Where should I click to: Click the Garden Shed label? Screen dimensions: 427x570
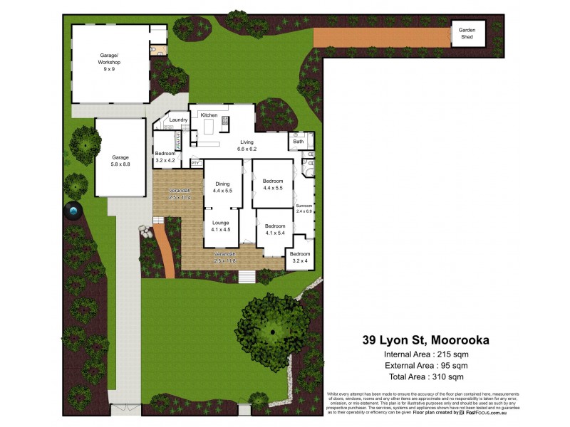tap(467, 33)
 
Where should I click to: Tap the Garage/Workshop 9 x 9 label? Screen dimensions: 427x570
tap(110, 63)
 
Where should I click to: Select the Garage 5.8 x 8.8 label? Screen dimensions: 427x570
tap(120, 160)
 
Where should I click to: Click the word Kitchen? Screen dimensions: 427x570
tap(209, 115)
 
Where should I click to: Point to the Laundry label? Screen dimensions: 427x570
tap(178, 120)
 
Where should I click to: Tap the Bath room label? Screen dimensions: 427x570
tap(298, 142)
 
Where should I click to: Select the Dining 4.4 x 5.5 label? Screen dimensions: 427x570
tap(223, 188)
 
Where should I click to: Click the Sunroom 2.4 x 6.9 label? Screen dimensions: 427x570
tap(304, 209)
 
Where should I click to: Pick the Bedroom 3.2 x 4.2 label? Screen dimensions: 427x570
tap(165, 157)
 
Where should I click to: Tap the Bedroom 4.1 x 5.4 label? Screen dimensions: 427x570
tap(275, 228)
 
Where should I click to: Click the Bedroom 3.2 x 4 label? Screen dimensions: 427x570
tap(300, 257)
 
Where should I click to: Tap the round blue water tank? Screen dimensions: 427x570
tap(74, 211)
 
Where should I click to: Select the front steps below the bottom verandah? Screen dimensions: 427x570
tap(246, 276)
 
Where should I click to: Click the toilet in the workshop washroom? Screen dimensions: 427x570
tap(153, 50)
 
